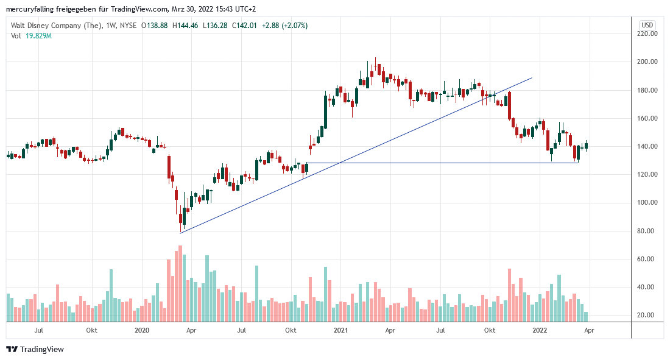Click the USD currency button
[647, 25]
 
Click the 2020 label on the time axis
[141, 330]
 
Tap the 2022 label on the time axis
[539, 330]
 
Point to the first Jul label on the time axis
[39, 330]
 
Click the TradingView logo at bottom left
[35, 349]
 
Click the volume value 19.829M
[38, 36]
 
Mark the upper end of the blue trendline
[532, 78]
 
